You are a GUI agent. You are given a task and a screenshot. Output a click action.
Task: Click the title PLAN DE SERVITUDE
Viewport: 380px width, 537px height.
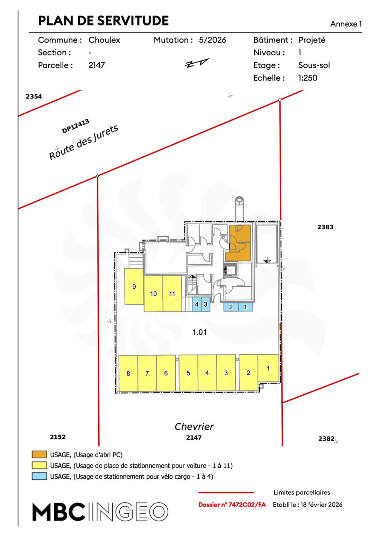pos(103,21)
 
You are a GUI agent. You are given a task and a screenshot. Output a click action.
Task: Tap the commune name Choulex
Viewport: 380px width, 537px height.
pos(104,40)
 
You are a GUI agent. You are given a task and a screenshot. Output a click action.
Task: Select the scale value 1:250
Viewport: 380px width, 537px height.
pos(308,78)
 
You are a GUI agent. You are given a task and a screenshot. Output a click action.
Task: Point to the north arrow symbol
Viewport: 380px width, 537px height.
pos(197,63)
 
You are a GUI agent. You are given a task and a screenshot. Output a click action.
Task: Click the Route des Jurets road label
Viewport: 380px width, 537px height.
pos(84,142)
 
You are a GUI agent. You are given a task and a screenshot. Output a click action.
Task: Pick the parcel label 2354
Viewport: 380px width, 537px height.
pos(34,96)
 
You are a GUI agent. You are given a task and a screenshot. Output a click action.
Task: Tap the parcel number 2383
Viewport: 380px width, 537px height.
pos(325,227)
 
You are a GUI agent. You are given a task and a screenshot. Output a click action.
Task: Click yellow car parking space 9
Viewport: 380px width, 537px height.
pos(134,287)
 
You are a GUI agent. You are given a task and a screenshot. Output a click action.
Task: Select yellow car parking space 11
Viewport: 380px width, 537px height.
pos(172,294)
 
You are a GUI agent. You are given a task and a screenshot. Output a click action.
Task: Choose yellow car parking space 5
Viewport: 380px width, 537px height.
pos(188,373)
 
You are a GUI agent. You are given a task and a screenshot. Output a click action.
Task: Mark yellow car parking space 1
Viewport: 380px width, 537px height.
pos(268,368)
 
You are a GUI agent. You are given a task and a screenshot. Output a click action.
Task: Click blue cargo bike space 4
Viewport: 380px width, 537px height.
pos(197,305)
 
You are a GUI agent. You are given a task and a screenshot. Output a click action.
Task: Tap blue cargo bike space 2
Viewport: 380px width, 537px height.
pos(231,307)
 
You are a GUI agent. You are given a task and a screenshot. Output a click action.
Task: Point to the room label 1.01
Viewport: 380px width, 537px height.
pos(199,332)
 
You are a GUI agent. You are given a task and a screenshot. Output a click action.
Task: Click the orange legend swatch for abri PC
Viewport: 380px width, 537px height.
pos(39,455)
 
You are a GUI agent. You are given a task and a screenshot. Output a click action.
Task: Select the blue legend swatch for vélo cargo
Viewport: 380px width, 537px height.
pos(39,476)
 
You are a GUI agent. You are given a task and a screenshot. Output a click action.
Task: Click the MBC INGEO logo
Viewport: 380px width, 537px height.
pos(100,512)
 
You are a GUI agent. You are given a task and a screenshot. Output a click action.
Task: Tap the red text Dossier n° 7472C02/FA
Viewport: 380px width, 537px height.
pos(232,505)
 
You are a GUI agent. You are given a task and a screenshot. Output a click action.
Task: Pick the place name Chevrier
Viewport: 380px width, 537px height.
pos(194,427)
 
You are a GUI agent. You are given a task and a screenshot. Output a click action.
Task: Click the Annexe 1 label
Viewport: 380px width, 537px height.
pos(346,24)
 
